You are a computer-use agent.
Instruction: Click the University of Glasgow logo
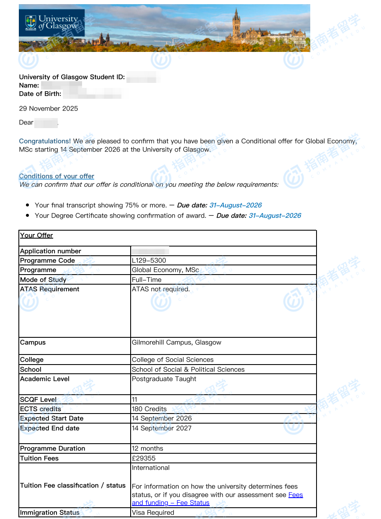pos(52,23)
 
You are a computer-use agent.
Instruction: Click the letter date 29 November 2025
pos(49,108)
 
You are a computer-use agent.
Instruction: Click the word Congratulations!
pos(45,141)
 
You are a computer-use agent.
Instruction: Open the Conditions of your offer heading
pos(57,176)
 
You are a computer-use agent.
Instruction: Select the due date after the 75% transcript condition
pos(235,205)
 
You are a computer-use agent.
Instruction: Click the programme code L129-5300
pos(149,260)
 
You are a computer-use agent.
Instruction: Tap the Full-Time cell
pos(147,280)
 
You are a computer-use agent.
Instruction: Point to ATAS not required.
pos(161,289)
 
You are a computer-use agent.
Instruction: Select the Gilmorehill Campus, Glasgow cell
pos(176,342)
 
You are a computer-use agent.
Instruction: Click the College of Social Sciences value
pos(172,360)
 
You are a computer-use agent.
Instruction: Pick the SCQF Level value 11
pos(134,399)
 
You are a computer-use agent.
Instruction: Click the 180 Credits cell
pos(149,409)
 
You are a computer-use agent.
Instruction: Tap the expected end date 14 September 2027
pos(162,428)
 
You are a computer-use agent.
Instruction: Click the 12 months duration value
pos(147,448)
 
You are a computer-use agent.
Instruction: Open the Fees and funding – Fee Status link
pos(170,503)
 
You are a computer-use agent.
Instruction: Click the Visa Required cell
pos(153,512)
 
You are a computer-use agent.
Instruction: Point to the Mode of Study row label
pos(43,280)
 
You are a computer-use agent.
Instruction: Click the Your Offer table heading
pos(37,235)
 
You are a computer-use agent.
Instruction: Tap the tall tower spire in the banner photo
pos(237,19)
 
